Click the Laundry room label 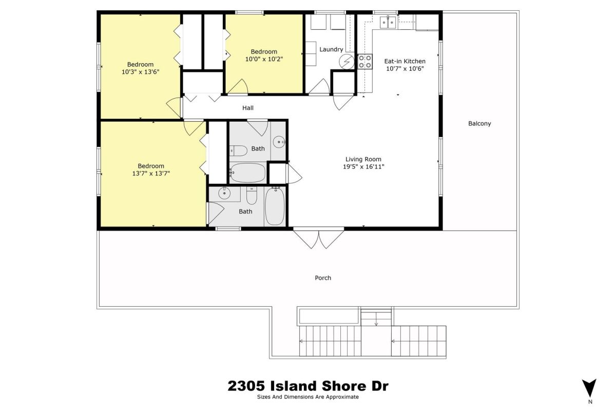(331, 49)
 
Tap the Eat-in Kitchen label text (405, 61)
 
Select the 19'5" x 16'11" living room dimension (363, 166)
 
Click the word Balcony (479, 124)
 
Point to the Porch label (323, 278)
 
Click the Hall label (248, 108)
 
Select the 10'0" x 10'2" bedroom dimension (264, 59)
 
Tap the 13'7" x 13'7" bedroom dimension (151, 174)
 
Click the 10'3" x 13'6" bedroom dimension (141, 72)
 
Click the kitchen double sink (388, 22)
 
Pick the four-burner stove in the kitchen (364, 61)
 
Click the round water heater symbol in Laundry (346, 62)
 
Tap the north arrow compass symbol (589, 388)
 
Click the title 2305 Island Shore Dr (308, 386)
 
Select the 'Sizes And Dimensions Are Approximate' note (308, 397)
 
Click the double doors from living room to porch (318, 238)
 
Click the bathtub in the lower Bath (275, 206)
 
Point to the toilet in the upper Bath (238, 151)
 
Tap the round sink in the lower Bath (224, 193)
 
